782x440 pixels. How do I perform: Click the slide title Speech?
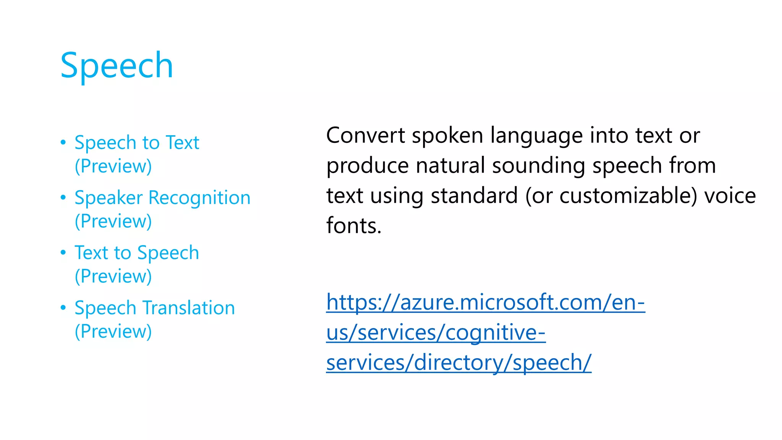click(117, 66)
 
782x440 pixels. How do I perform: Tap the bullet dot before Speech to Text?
click(63, 142)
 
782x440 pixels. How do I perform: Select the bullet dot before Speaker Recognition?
click(63, 197)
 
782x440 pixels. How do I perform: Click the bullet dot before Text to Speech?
click(63, 252)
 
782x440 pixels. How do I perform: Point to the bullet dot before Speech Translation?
click(63, 307)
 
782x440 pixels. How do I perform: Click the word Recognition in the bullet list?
click(199, 198)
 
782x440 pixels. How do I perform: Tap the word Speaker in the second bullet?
click(108, 198)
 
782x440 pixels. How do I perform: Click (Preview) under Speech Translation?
click(113, 331)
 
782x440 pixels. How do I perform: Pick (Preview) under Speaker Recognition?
click(113, 221)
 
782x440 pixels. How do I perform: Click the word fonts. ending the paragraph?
click(354, 225)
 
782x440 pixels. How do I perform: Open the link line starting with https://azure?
click(485, 302)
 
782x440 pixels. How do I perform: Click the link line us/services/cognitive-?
click(436, 333)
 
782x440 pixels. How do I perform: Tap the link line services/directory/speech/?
click(459, 362)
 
